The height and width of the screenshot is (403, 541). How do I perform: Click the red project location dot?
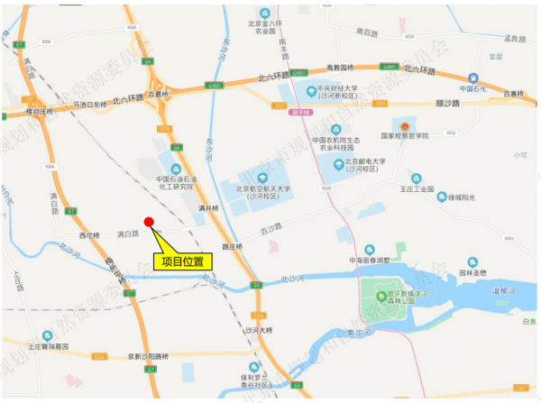point(150,222)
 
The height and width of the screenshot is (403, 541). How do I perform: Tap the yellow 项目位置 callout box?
point(181,261)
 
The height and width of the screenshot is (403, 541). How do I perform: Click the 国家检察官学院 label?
point(405,135)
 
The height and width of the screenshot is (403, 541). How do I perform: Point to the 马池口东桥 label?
point(96,104)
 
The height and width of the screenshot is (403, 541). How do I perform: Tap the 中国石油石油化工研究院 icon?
point(175,169)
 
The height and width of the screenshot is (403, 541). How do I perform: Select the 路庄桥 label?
point(232,245)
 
